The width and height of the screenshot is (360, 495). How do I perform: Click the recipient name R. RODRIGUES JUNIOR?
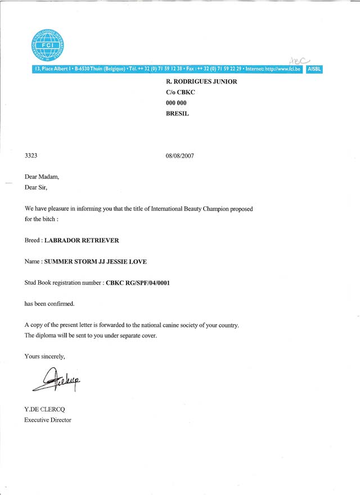click(x=201, y=82)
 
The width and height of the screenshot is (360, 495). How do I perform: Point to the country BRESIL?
click(x=178, y=114)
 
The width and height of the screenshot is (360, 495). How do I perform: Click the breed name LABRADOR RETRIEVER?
click(x=82, y=240)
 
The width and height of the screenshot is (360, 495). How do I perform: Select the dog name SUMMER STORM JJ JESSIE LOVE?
click(x=103, y=262)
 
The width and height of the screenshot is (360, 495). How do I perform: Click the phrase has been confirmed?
click(x=49, y=304)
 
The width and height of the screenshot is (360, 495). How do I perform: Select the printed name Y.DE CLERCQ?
click(x=47, y=409)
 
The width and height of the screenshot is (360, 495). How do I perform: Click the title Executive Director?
click(x=48, y=420)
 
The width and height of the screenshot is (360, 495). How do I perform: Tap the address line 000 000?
click(x=176, y=103)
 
